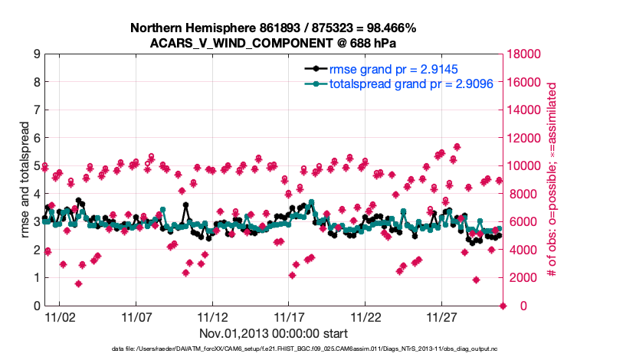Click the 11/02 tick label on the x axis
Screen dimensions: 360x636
tap(59, 316)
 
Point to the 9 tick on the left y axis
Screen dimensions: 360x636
tap(36, 54)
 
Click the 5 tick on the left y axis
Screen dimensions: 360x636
tap(36, 166)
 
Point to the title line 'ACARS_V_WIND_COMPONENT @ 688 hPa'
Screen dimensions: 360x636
tap(274, 42)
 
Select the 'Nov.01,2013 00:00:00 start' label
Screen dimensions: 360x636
tap(274, 333)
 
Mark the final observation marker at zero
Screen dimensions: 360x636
tap(503, 306)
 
